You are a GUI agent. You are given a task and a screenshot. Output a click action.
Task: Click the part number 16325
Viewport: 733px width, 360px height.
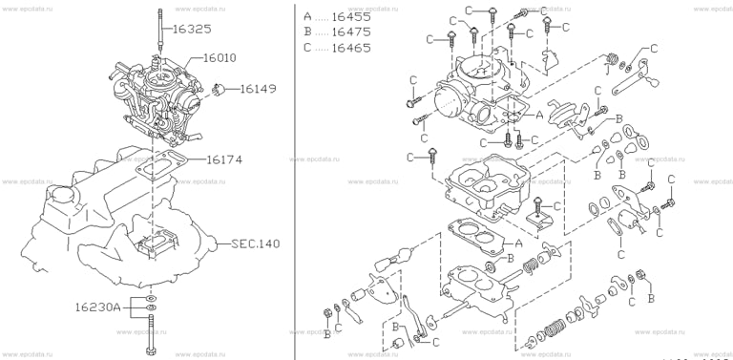[192, 30]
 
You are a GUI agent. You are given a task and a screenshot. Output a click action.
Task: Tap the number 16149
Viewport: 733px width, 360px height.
[257, 90]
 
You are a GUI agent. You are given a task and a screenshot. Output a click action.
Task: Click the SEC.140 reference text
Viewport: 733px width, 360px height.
[255, 244]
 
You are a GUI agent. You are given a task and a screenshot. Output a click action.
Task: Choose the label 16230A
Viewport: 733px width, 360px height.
[99, 307]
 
